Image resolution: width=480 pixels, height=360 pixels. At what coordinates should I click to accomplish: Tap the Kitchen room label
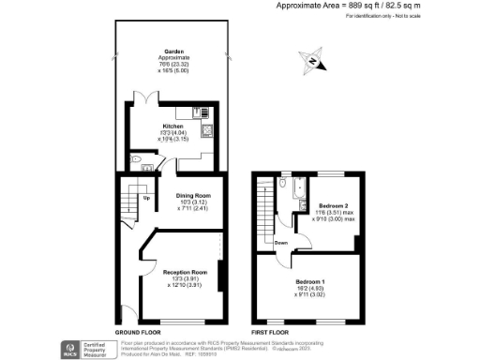pos(173,126)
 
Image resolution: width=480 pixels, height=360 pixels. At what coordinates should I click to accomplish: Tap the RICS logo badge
pos(69,348)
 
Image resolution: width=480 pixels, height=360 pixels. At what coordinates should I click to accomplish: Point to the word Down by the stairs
pos(280,242)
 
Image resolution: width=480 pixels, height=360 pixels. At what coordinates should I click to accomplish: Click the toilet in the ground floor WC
pos(138,161)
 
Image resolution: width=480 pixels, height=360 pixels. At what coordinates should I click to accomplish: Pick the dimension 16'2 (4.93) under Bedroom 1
pos(311,288)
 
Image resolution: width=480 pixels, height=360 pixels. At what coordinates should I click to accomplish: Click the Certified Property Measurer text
pos(95,348)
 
